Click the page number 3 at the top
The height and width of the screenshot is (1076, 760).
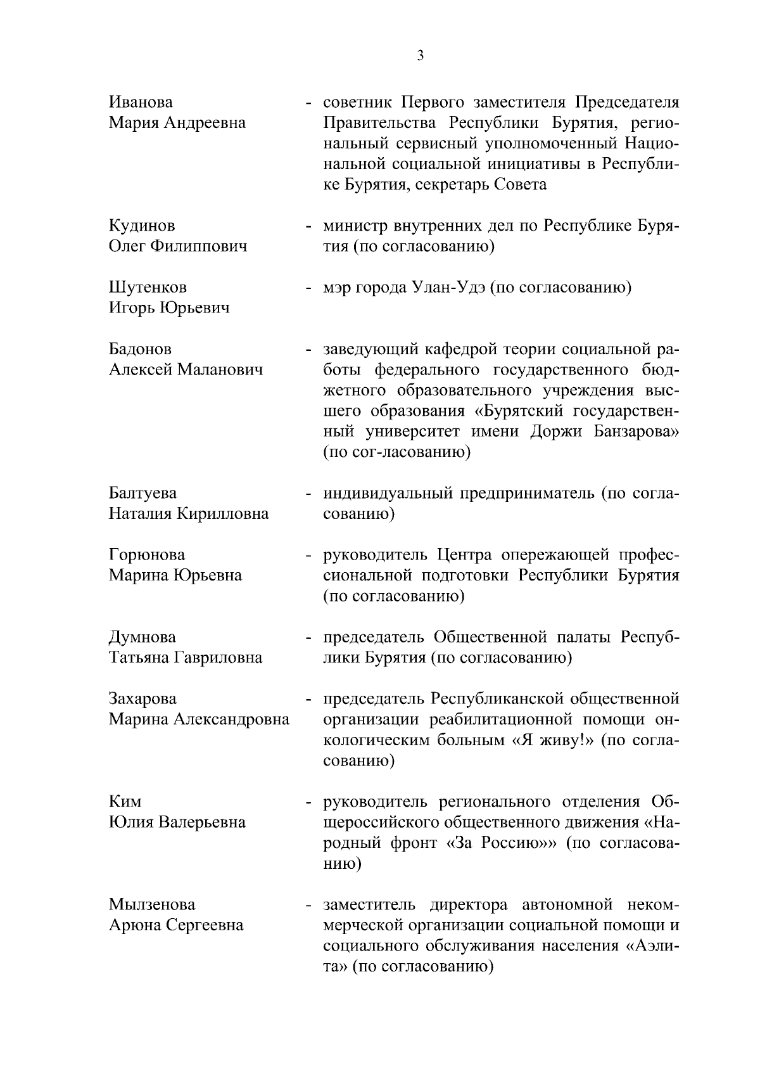click(x=421, y=56)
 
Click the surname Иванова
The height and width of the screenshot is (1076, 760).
click(x=141, y=102)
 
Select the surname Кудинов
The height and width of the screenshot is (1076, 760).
click(x=142, y=226)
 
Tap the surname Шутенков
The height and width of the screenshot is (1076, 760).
click(x=148, y=287)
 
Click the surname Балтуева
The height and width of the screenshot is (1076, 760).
click(x=142, y=493)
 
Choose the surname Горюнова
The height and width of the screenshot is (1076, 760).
click(x=147, y=554)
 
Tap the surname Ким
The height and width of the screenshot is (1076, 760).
click(x=125, y=802)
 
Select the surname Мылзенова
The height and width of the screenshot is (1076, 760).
click(x=152, y=904)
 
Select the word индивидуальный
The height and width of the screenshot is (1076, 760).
click(x=388, y=493)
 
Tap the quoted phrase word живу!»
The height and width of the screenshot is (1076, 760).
click(x=565, y=740)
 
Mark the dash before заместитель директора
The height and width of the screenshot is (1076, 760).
click(x=308, y=905)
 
